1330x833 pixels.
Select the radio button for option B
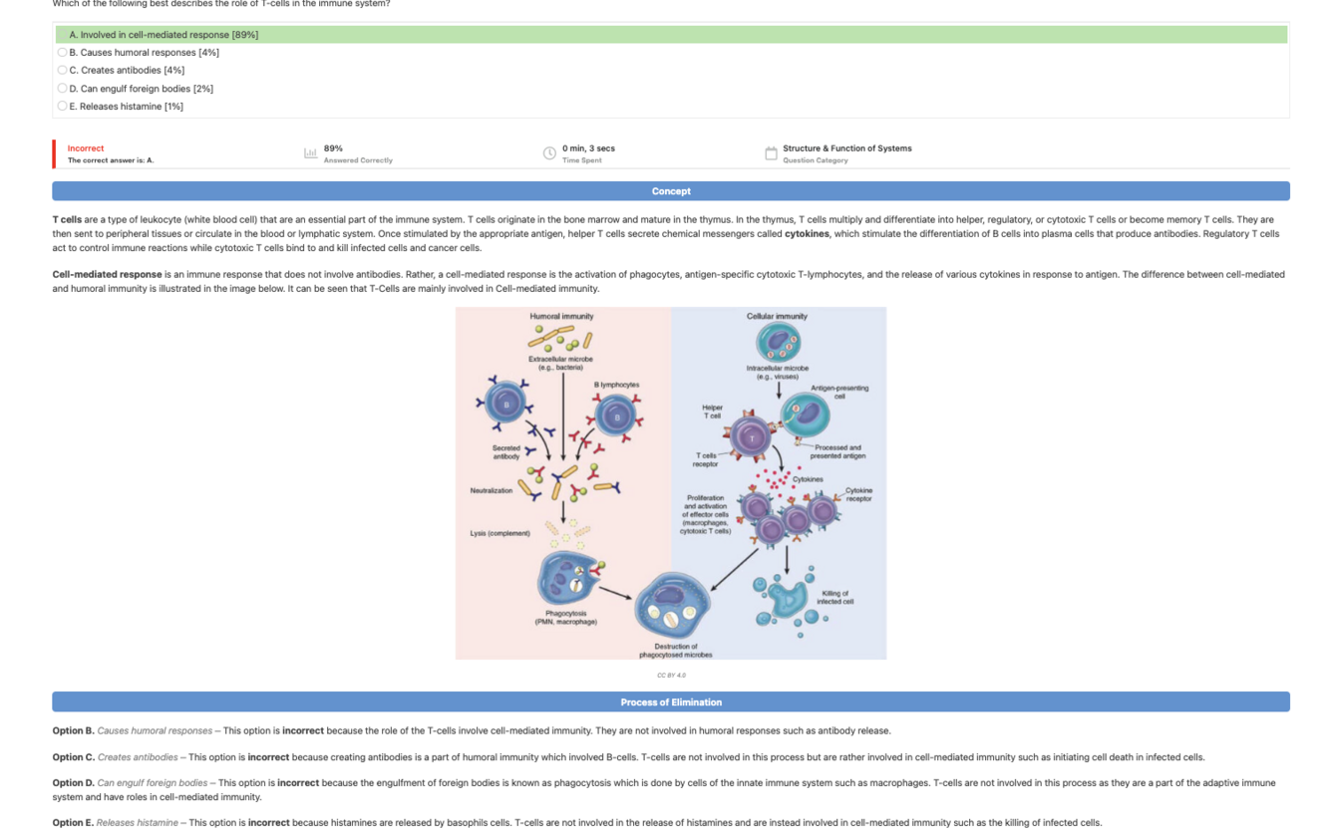tap(62, 53)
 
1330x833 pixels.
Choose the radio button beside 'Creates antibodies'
tap(62, 71)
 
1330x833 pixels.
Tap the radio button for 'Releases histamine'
tap(62, 107)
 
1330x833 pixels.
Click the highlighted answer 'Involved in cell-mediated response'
tap(164, 35)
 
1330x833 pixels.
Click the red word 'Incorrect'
tap(86, 148)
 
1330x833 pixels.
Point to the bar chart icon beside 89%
tap(310, 153)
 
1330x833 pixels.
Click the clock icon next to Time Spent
tap(549, 153)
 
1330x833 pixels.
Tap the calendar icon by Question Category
tap(771, 153)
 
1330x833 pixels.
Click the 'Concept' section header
tap(671, 191)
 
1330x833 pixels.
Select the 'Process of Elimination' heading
tap(671, 702)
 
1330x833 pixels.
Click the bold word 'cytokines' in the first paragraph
tap(807, 234)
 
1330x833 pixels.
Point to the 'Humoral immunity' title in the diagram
tap(561, 316)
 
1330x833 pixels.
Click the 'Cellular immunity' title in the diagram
tap(777, 316)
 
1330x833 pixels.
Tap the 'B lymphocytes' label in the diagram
tap(616, 385)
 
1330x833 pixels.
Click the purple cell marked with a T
tap(752, 437)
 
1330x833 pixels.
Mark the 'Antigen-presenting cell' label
tap(839, 392)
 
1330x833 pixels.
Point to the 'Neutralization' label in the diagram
tap(492, 490)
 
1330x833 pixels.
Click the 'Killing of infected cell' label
tap(834, 598)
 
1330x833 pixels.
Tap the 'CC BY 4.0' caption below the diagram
tap(671, 676)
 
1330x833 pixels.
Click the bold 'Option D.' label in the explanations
tap(73, 783)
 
